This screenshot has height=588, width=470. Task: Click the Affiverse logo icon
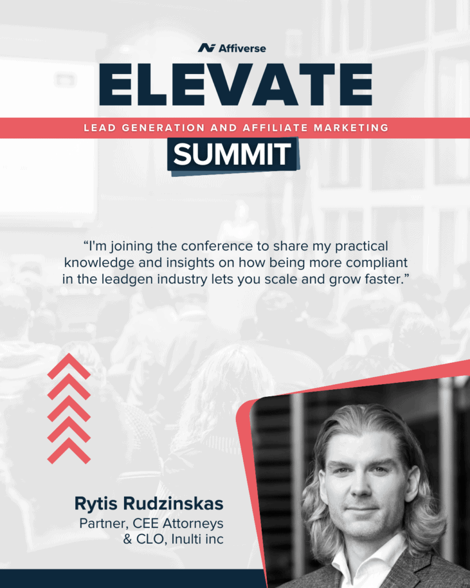click(207, 48)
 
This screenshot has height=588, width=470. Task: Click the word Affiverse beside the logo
click(242, 48)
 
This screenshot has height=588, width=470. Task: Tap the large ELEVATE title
click(236, 85)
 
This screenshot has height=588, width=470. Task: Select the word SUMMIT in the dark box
click(232, 154)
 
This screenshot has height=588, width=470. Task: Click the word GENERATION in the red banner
click(163, 128)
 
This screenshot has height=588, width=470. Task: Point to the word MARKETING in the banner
click(351, 128)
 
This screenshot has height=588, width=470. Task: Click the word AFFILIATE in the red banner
click(275, 128)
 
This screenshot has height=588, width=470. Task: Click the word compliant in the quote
click(376, 263)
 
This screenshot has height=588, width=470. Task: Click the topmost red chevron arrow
click(69, 366)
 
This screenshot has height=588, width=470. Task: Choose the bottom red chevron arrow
click(69, 451)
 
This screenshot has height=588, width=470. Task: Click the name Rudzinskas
click(173, 503)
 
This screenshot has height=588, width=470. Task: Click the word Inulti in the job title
click(181, 539)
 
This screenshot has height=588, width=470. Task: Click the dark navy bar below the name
click(133, 579)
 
